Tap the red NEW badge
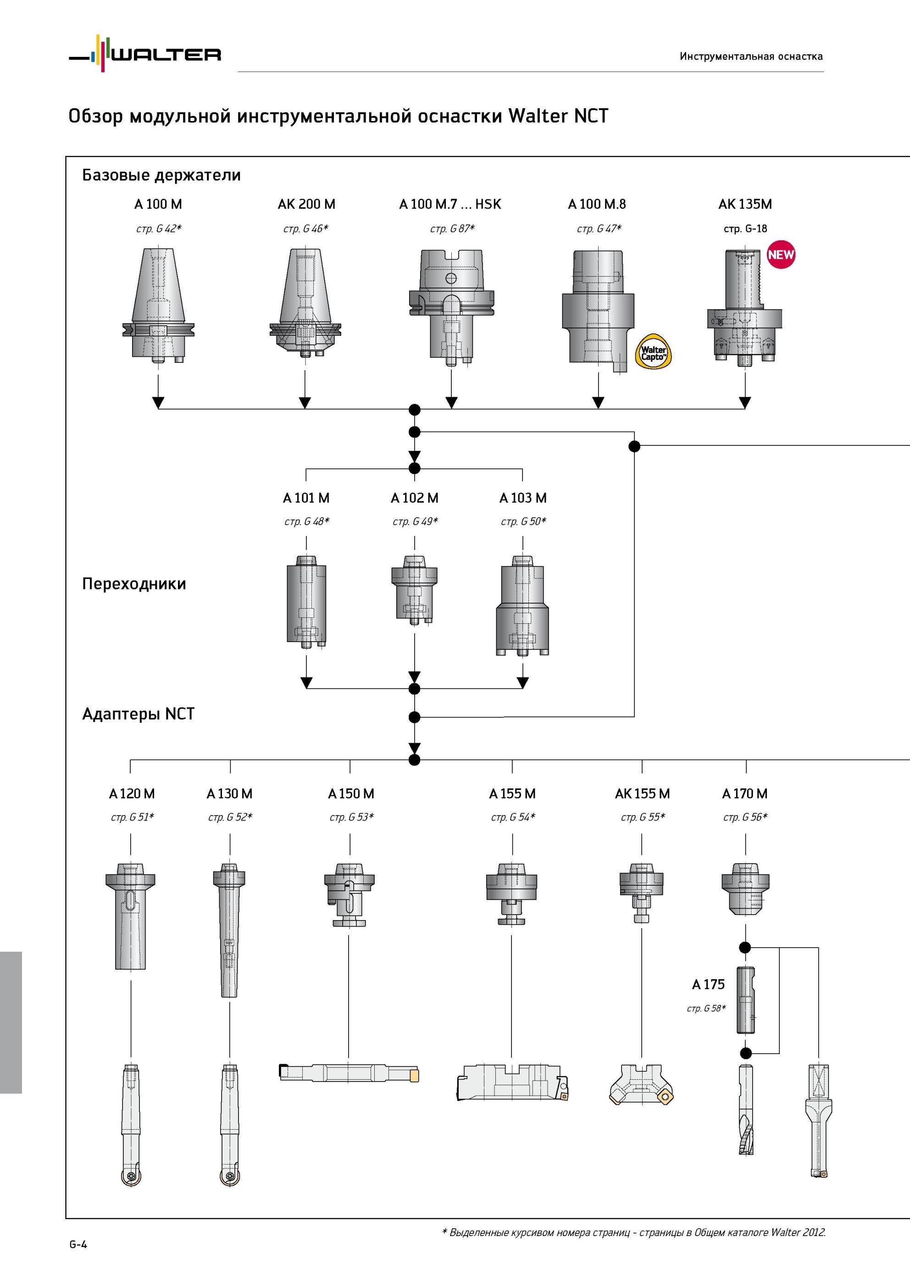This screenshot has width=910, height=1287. [781, 255]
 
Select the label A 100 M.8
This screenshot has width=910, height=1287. [597, 204]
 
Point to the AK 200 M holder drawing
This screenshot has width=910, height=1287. [305, 303]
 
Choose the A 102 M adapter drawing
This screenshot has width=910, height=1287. [414, 590]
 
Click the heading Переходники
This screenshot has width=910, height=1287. [134, 583]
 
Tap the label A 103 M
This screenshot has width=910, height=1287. [522, 498]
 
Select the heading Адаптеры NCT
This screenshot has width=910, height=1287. [138, 714]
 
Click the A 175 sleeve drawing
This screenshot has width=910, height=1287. [745, 1000]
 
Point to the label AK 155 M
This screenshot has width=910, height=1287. [642, 794]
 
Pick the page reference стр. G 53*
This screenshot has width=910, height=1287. [351, 817]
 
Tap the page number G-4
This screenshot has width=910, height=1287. [78, 1244]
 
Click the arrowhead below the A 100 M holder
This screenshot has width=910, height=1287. [158, 402]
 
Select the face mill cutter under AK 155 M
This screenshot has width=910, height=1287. [641, 1085]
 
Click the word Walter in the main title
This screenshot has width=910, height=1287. [538, 116]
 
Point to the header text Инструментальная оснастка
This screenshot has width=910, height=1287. [751, 56]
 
